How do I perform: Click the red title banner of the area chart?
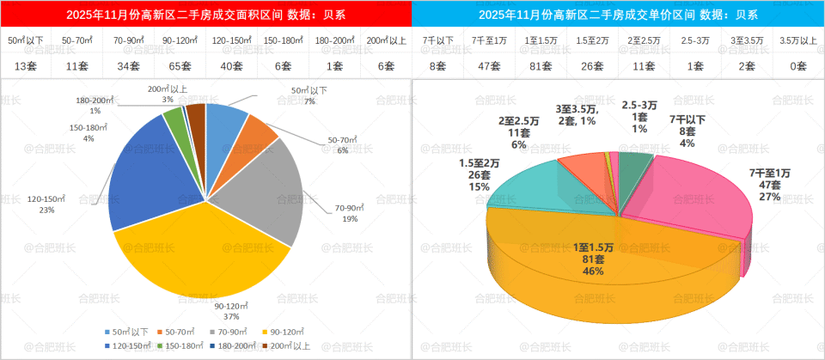[x=205, y=15]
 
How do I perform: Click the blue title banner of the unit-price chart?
[x=618, y=15]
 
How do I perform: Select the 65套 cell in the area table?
[x=180, y=65]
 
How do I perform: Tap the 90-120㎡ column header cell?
[x=180, y=40]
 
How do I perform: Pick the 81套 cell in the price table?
[x=541, y=65]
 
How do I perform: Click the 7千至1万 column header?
[x=489, y=40]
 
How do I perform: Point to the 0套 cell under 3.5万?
[x=798, y=65]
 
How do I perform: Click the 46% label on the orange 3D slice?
[x=593, y=271]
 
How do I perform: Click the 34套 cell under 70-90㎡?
[x=128, y=65]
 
